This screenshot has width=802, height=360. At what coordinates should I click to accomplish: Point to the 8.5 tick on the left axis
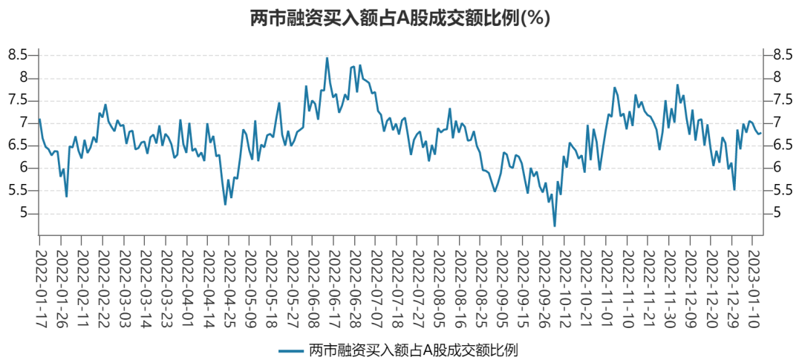[18, 55]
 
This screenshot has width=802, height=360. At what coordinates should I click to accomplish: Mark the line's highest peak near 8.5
[327, 58]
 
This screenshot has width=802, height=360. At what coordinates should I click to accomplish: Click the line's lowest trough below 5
[554, 226]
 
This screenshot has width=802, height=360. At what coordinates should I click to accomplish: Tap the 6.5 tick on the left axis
[18, 145]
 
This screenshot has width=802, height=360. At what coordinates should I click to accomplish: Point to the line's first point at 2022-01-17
[40, 120]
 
